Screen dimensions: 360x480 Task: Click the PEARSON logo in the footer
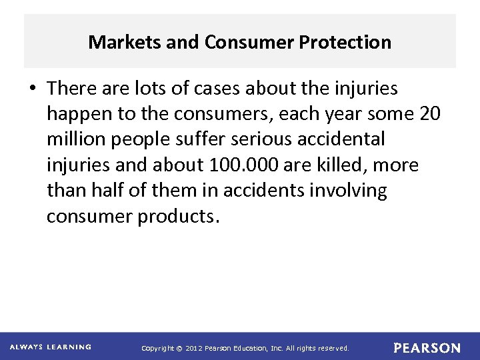(427, 348)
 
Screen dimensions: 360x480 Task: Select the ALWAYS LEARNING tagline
(51, 347)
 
